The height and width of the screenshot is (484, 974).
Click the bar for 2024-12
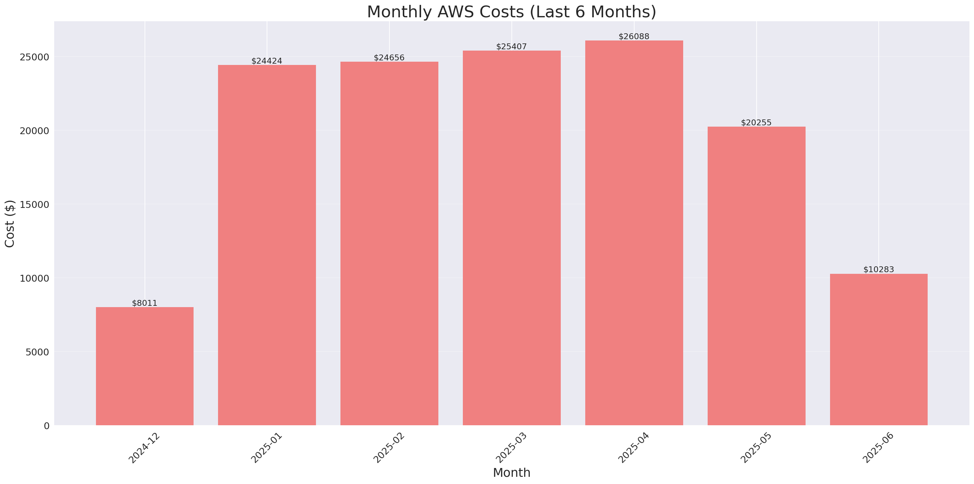coord(145,366)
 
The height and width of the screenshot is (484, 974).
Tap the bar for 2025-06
coord(878,350)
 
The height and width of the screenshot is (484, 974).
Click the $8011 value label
coord(145,303)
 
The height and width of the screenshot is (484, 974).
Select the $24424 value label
coord(267,61)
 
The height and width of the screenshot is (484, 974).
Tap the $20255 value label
coord(756,122)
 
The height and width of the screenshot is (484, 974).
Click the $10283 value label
coord(878,270)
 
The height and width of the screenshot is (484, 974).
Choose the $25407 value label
coord(511,47)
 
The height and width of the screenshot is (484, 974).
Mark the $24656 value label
coord(389,58)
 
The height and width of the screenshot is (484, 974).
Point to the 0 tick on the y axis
coord(46,426)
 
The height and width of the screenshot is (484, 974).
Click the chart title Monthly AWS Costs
coord(511,12)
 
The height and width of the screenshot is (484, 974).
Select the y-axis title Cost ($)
coord(10,224)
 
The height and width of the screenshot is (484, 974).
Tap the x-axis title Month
coord(511,473)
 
